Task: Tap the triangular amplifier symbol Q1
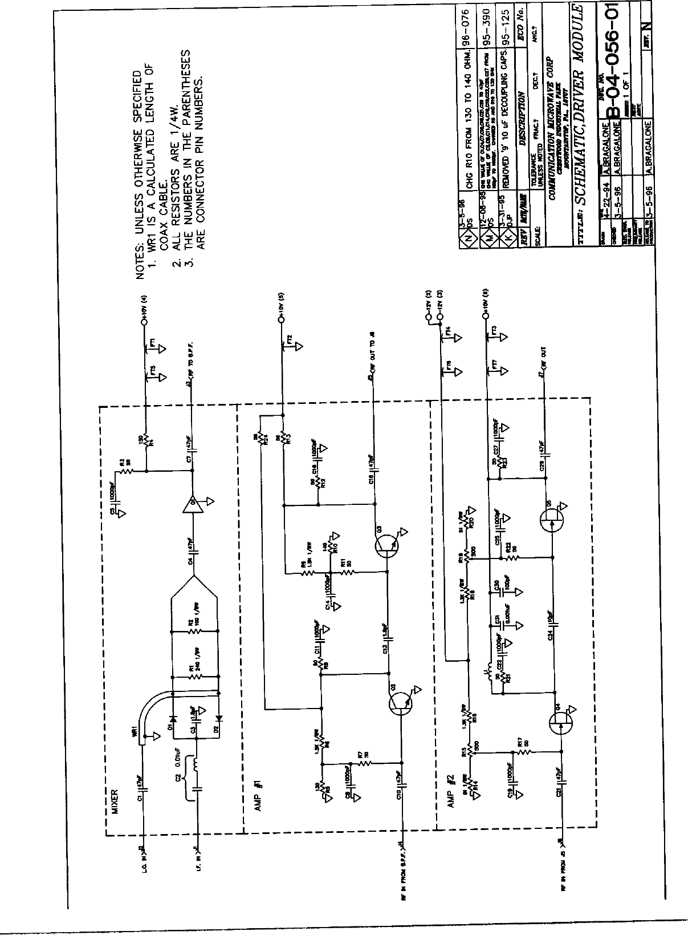point(192,504)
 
